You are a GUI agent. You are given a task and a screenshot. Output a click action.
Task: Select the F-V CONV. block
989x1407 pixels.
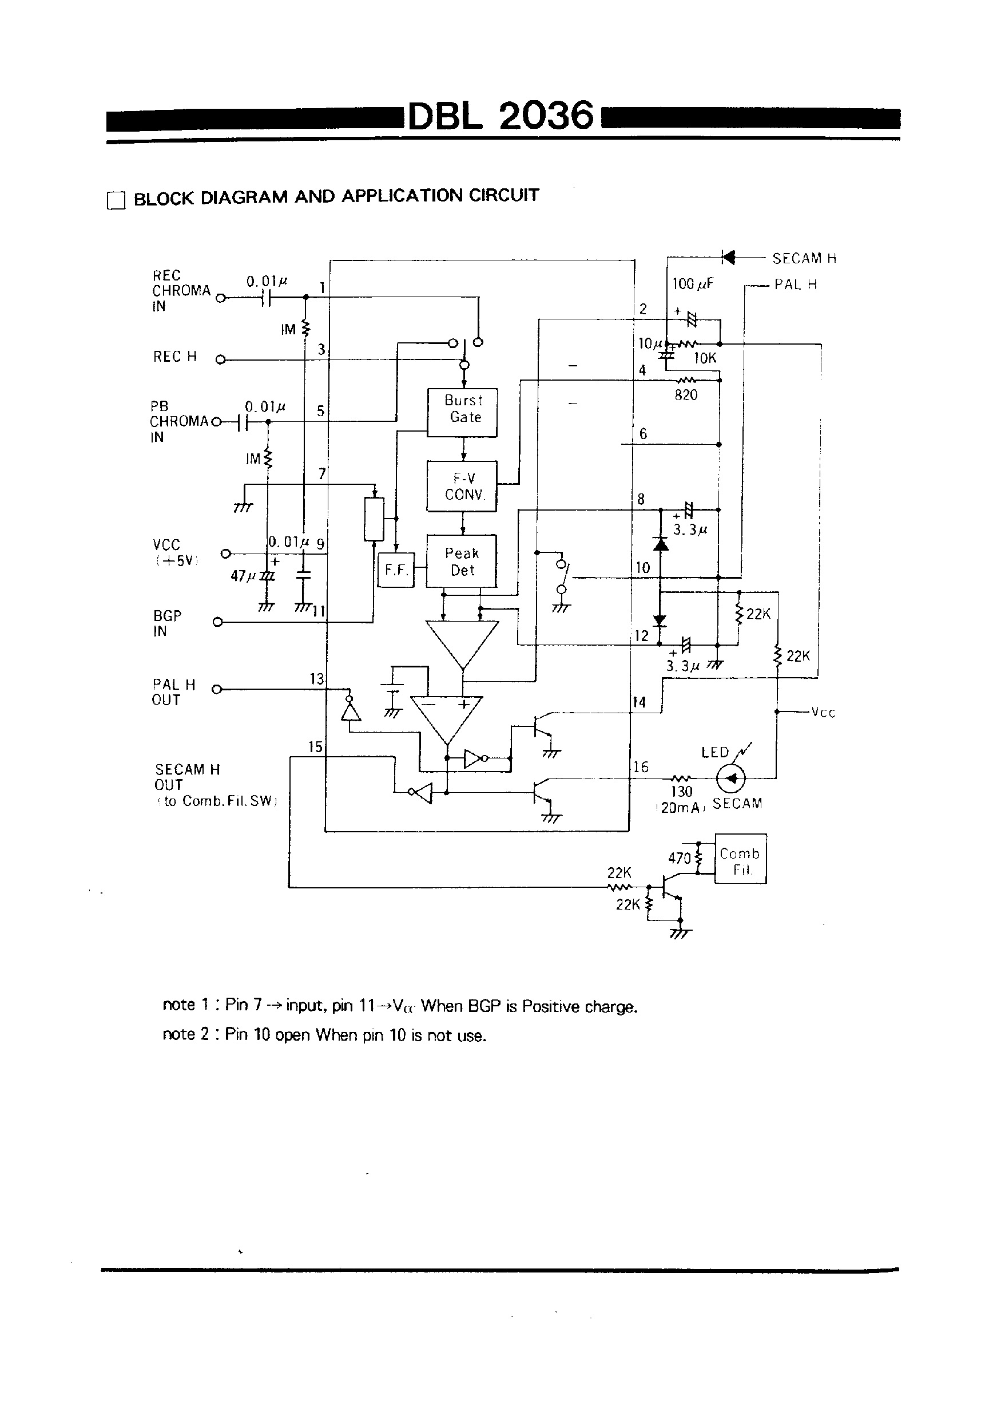click(462, 486)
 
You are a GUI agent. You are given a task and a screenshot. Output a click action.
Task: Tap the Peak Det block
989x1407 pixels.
click(461, 561)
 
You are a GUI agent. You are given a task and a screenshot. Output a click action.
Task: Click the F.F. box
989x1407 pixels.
click(396, 570)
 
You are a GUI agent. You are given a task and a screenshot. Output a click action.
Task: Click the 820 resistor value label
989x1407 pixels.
click(686, 396)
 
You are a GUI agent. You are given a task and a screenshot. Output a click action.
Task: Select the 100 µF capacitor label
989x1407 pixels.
click(692, 284)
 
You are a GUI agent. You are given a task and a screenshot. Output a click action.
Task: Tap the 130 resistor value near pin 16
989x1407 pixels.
click(681, 792)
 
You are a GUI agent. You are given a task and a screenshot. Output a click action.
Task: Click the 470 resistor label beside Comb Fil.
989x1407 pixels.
click(679, 858)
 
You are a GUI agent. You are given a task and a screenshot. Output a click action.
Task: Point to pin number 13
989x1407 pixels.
click(316, 678)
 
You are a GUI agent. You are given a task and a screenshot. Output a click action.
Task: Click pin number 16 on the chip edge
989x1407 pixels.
click(641, 766)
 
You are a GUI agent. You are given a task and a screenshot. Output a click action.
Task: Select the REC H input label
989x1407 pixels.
click(175, 357)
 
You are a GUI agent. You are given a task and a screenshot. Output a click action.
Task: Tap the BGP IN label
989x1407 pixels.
click(166, 623)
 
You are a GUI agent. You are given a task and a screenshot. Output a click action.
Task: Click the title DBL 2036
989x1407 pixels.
click(501, 115)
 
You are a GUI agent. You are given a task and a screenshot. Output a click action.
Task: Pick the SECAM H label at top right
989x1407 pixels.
click(804, 259)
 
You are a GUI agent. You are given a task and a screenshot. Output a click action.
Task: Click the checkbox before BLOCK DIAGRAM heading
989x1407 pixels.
click(116, 200)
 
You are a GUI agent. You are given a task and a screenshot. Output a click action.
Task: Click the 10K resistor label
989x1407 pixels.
click(704, 358)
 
